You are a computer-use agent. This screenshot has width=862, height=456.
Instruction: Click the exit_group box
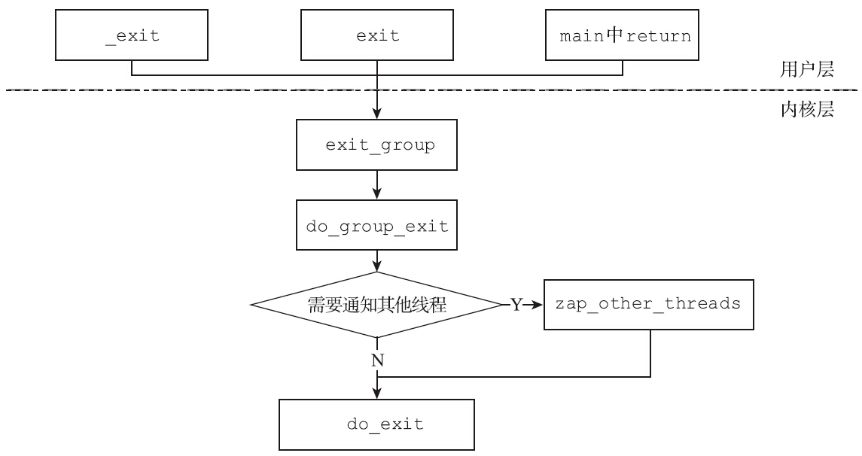coord(377,145)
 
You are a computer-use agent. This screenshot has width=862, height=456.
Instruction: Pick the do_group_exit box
coord(377,226)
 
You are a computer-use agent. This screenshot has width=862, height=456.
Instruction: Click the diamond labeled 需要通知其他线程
coord(377,305)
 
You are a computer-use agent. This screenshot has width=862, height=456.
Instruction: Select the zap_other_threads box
coord(648,305)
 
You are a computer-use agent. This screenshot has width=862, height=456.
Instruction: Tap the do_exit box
coord(377,425)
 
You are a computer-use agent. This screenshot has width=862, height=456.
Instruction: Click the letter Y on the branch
coord(516,306)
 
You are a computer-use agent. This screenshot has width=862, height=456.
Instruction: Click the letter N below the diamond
coord(377,360)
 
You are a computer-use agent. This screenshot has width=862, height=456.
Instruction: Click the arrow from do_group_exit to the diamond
coord(377,261)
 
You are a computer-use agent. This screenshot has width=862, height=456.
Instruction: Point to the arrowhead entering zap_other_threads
coord(537,306)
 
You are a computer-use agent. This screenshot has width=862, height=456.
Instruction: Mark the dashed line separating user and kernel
coord(226,90)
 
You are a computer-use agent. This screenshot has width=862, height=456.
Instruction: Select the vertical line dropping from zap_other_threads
coord(650,354)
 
